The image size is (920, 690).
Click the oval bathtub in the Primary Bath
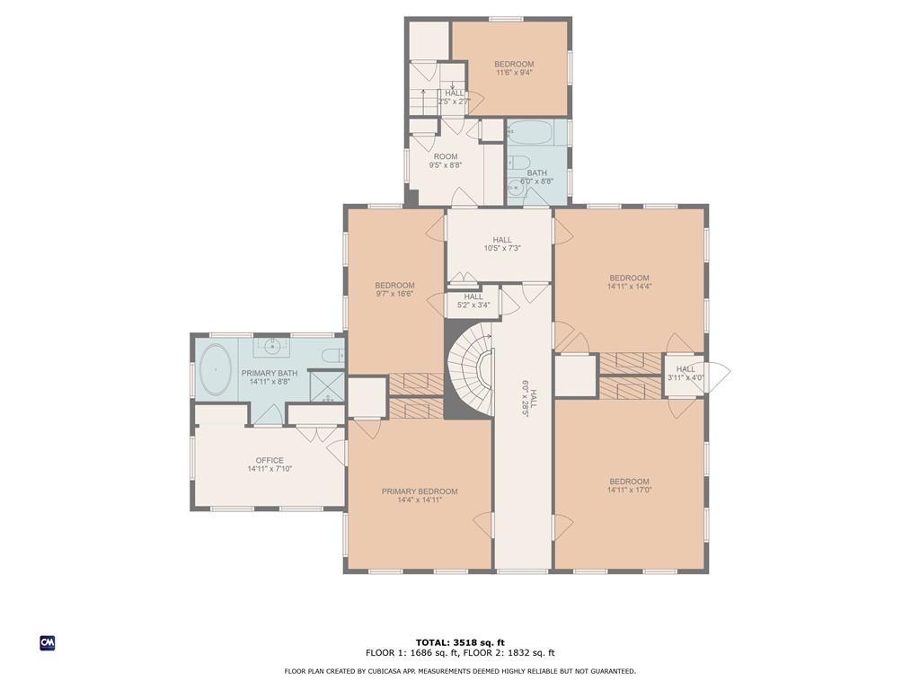216,369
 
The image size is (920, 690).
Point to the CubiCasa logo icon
48,643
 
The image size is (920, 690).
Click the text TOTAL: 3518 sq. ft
460,642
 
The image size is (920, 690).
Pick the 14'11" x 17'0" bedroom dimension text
630,490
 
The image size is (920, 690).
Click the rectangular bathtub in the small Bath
529,133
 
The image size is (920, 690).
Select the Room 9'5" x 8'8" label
446,161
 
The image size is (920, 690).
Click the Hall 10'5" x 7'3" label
502,244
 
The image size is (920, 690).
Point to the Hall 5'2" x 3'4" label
473,301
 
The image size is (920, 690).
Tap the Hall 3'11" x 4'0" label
686,373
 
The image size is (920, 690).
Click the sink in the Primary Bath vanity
271,346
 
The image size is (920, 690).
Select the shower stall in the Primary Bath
327,386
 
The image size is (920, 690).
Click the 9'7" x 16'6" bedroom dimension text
395,294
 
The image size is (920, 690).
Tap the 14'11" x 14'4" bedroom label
630,282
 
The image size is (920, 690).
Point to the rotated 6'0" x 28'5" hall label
529,398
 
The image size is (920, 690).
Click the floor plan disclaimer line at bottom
460,671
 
